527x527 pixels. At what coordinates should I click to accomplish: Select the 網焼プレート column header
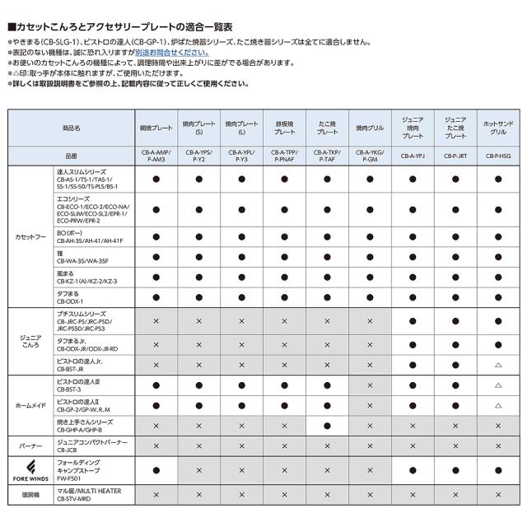click(156, 128)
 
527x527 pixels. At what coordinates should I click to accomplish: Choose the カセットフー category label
click(31, 236)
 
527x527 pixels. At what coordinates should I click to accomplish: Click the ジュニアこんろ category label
click(31, 343)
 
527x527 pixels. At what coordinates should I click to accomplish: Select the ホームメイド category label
click(31, 406)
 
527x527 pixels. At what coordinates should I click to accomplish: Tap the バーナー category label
click(31, 445)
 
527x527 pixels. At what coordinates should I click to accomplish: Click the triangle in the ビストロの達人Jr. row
click(498, 364)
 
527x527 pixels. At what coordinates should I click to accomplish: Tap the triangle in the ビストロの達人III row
click(498, 385)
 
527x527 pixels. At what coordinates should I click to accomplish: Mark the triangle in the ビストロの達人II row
click(498, 406)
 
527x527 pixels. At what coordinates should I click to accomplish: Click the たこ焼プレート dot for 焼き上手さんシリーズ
click(327, 426)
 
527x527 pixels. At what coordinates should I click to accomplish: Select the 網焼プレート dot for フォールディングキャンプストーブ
click(156, 470)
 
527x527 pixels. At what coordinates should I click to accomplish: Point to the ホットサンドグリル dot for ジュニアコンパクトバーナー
click(498, 446)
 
